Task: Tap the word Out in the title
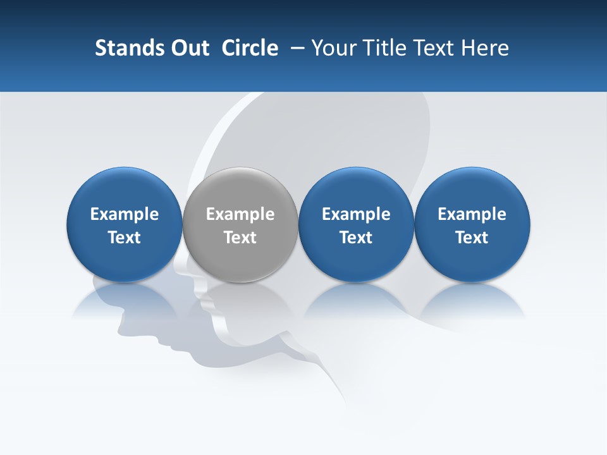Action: (x=189, y=48)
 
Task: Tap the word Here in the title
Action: (x=484, y=48)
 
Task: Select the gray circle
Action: (x=240, y=190)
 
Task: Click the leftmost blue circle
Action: (x=125, y=190)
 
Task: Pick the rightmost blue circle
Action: (x=472, y=190)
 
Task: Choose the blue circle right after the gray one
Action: (x=356, y=190)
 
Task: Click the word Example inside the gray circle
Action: (x=240, y=214)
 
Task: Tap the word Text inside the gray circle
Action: (x=240, y=238)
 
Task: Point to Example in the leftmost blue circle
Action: (x=125, y=214)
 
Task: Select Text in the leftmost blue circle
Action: (x=125, y=238)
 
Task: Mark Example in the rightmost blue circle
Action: (x=472, y=214)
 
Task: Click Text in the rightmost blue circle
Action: (x=472, y=238)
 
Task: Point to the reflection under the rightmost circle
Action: (x=472, y=300)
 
